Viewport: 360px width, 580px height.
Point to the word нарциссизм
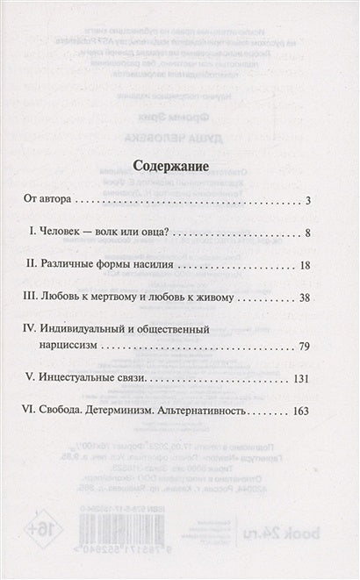point(75,347)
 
